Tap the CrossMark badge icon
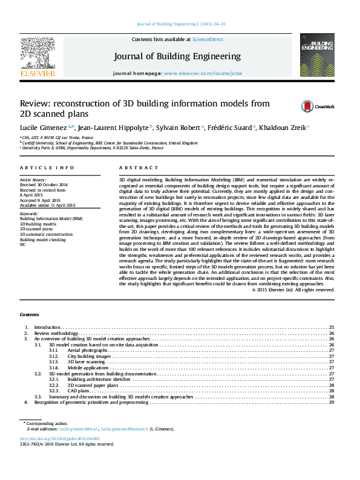point(325,106)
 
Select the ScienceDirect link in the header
point(208,39)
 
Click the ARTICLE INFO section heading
point(47,167)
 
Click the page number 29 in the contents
point(332,402)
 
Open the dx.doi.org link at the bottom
point(60,438)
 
